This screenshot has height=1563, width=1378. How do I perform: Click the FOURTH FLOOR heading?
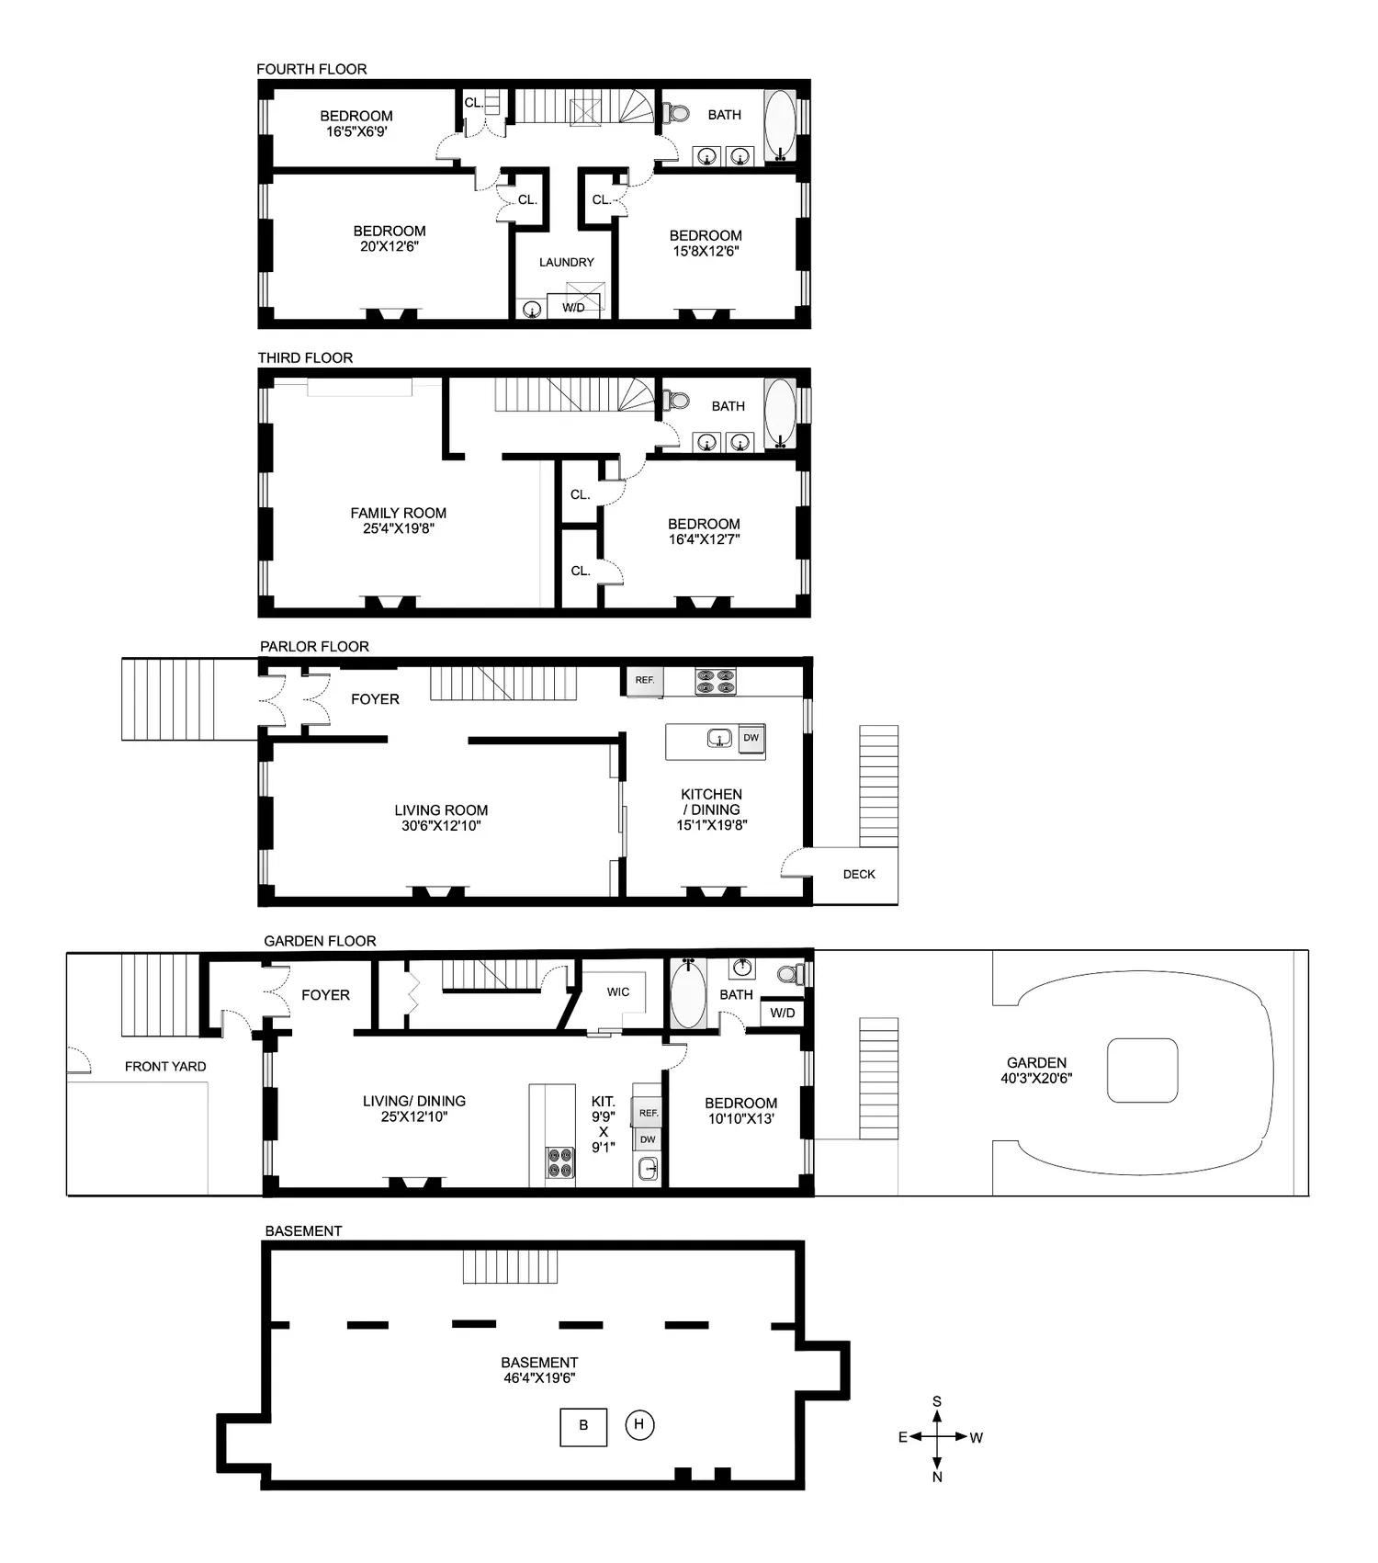click(x=311, y=69)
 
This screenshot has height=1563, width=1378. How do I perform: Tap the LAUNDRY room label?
click(x=566, y=262)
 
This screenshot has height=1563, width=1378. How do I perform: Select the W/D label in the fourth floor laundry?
click(x=573, y=307)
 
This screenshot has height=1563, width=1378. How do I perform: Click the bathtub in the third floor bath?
click(x=780, y=414)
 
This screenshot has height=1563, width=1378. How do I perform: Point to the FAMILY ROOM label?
click(x=399, y=513)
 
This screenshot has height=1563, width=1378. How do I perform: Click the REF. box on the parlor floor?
click(x=645, y=680)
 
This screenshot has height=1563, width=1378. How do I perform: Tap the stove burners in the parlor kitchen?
click(x=716, y=681)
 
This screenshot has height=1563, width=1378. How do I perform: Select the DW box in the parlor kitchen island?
click(x=751, y=738)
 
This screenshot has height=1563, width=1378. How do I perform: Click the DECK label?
click(x=859, y=874)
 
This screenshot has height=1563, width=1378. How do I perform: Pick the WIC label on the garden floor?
click(x=618, y=991)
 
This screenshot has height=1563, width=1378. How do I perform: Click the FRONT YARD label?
click(x=165, y=1066)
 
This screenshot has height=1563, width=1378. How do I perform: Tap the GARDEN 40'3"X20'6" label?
click(x=1036, y=1070)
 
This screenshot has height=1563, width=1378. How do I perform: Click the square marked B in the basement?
click(x=583, y=1426)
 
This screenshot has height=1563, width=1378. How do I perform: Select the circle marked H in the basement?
click(x=639, y=1425)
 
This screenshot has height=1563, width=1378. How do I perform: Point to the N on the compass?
click(x=937, y=1477)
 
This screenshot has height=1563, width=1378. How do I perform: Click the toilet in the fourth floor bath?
click(x=677, y=113)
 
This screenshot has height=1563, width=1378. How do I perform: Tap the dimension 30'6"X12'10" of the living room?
click(x=441, y=825)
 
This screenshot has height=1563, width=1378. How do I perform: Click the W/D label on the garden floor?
click(x=783, y=1013)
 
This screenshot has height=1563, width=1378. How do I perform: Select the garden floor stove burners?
click(x=559, y=1162)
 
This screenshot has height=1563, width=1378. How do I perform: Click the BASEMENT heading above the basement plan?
click(x=303, y=1230)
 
